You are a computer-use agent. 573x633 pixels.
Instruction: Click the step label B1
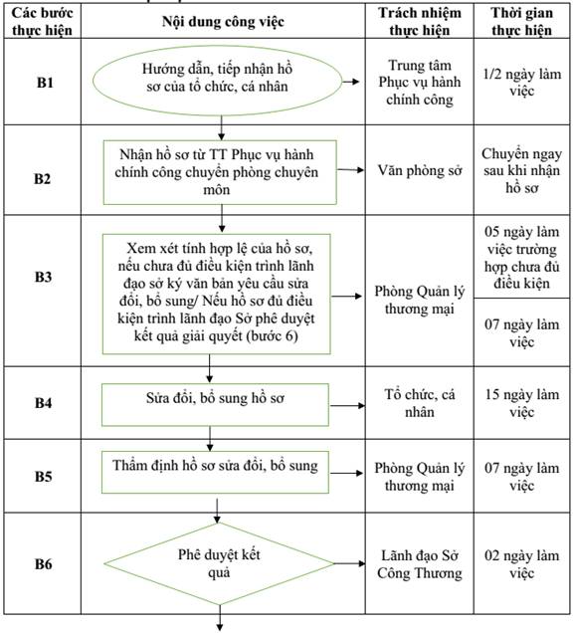point(45,83)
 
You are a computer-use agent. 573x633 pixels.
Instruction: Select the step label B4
point(43,402)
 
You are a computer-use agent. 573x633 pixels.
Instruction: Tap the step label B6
point(43,563)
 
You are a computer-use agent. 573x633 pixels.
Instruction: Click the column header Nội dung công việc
point(223,21)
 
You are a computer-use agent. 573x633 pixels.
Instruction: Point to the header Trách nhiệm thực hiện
point(420,21)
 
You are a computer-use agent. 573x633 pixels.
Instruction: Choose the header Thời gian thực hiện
point(521,21)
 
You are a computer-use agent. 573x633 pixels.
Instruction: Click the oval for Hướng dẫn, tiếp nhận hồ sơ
point(218,81)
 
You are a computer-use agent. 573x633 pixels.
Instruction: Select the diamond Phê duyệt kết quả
point(219,563)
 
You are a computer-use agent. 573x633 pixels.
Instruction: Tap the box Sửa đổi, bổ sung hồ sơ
point(215,404)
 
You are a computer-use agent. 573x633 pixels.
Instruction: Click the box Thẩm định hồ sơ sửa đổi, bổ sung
point(215,472)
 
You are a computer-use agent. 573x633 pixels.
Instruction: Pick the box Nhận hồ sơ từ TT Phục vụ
point(220,172)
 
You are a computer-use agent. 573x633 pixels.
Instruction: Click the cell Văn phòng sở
point(420,170)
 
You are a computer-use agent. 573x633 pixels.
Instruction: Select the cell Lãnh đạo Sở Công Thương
point(420,564)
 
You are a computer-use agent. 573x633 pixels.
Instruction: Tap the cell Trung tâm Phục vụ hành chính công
point(420,83)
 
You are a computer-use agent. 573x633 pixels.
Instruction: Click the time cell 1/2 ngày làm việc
point(521,83)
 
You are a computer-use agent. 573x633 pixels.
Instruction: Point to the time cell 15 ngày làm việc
point(521,403)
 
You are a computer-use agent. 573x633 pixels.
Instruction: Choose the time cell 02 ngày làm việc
point(521,564)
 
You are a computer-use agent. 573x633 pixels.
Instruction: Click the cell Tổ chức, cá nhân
point(420,403)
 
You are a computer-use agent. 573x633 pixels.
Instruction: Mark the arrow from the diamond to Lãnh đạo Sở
point(350,563)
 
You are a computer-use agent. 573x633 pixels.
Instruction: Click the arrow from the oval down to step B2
point(221,128)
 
